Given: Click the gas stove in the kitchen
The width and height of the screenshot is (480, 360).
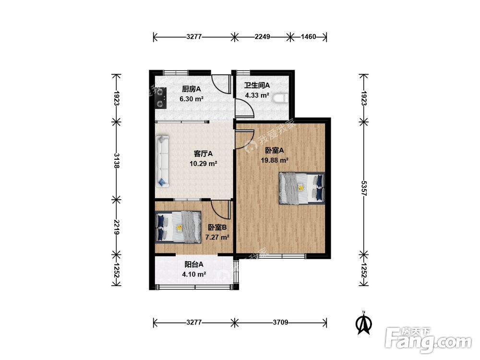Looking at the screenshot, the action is [160, 98].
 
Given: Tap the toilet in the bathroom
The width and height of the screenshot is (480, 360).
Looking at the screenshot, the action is [281, 98].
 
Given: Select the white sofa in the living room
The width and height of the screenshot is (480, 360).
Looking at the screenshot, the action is [162, 161].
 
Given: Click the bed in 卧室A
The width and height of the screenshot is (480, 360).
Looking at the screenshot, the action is [301, 188].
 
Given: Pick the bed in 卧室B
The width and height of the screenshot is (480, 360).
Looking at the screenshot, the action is [178, 227].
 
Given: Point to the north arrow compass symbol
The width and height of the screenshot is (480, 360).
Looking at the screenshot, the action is [364, 323].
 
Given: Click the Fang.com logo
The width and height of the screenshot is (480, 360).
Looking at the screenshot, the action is [428, 340].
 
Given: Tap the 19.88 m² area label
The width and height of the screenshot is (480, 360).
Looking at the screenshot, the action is [275, 160].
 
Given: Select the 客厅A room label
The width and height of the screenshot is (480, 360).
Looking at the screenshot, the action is [203, 154].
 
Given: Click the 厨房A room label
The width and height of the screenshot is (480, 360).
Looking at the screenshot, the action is [192, 89].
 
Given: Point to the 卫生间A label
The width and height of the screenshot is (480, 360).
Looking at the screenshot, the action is [257, 85].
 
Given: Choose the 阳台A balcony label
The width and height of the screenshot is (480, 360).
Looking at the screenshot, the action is [194, 264].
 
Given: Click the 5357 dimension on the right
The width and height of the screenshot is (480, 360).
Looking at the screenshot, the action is [364, 188].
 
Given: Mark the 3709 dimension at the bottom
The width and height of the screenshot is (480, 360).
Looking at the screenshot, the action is [280, 322].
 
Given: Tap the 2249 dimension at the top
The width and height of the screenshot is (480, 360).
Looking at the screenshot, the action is [263, 37].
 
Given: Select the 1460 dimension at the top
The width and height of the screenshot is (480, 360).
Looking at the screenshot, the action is [308, 37].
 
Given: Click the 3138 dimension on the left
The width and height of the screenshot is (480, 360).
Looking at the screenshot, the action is [116, 160].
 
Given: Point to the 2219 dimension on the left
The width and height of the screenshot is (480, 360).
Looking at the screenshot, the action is [116, 227].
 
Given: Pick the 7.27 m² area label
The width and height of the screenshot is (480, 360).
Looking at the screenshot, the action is [217, 237].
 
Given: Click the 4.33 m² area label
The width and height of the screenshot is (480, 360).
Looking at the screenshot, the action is [257, 95].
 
